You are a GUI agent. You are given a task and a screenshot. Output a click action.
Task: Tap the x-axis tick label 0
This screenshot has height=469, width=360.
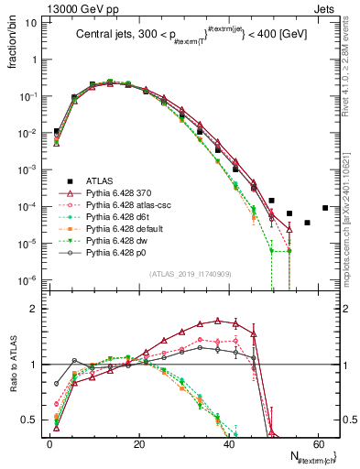(49, 443)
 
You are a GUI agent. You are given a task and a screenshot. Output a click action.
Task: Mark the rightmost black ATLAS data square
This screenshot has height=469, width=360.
(325, 208)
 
